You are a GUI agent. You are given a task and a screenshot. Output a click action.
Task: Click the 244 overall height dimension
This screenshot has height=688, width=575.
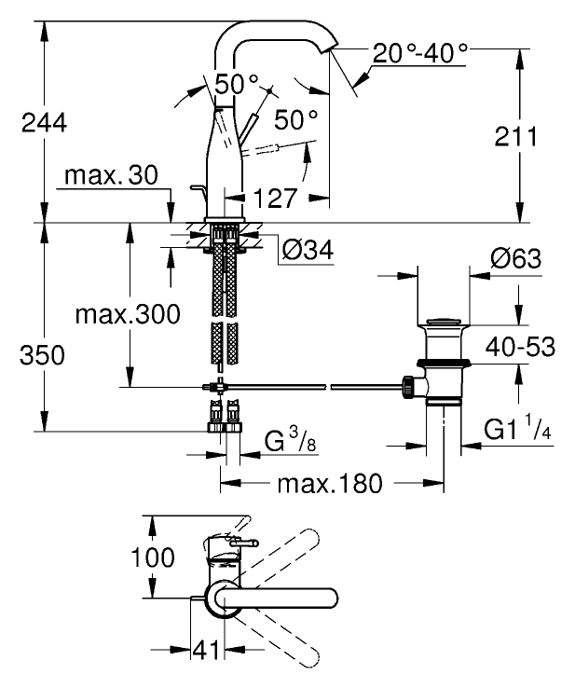[45, 123]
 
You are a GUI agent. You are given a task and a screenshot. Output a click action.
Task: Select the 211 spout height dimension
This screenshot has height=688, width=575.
[515, 136]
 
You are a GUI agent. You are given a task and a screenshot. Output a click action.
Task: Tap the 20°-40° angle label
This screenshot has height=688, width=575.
[419, 53]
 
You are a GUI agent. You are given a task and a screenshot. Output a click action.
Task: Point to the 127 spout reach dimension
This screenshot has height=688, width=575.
[276, 199]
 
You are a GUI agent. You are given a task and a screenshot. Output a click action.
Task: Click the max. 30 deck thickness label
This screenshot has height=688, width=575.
[111, 175]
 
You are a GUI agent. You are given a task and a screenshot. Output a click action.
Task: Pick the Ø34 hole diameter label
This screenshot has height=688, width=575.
[308, 250]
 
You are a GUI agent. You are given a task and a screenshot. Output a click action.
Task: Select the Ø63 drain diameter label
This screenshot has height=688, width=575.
[515, 259]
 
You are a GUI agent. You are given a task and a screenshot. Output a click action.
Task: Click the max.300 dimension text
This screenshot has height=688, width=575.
[128, 314]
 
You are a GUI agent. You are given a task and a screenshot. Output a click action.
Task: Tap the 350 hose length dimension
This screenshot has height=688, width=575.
[42, 355]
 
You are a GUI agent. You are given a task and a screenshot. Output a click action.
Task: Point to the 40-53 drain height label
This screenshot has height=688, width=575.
[520, 347]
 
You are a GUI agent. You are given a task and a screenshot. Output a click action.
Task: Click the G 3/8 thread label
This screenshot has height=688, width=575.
[291, 441]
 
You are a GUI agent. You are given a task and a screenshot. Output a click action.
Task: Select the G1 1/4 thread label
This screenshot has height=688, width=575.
[517, 429]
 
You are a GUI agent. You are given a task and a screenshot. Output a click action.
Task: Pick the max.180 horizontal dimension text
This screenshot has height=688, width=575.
[330, 484]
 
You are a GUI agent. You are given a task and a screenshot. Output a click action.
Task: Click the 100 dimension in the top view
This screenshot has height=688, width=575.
[153, 557]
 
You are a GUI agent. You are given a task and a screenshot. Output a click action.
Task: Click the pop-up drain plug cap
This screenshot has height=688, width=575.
[443, 322]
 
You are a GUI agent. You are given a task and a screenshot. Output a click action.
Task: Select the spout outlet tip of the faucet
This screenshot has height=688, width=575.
[330, 48]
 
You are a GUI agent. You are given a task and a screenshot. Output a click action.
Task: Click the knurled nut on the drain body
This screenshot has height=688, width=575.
[408, 387]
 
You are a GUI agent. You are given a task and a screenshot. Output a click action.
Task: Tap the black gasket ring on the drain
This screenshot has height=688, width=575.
[443, 364]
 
